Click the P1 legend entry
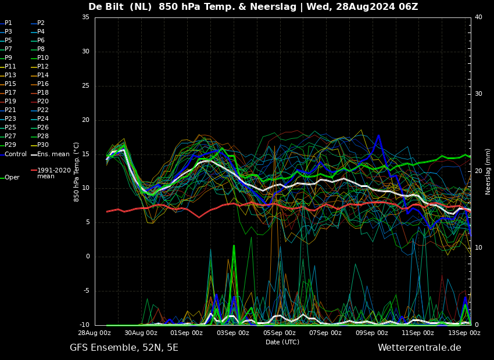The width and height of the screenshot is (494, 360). (6, 23)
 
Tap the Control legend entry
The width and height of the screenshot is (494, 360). (13, 154)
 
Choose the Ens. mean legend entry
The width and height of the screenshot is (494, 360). (50, 154)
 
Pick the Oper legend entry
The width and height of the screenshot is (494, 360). (10, 178)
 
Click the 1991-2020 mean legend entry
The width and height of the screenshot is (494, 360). (51, 173)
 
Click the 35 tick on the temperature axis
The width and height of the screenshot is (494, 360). (85, 17)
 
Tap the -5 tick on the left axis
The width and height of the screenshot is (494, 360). (85, 291)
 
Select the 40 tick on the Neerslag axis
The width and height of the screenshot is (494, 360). (478, 17)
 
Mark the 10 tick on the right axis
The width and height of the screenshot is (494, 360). (478, 248)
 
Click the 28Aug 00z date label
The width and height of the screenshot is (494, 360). (95, 333)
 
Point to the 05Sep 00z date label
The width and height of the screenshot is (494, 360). (280, 333)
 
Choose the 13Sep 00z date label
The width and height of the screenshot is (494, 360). (464, 333)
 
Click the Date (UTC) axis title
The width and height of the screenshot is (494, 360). (282, 342)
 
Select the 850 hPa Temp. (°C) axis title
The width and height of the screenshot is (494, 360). (77, 172)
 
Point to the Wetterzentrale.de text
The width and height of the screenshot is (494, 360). (420, 348)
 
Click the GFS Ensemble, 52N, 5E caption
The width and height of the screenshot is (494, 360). (124, 348)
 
